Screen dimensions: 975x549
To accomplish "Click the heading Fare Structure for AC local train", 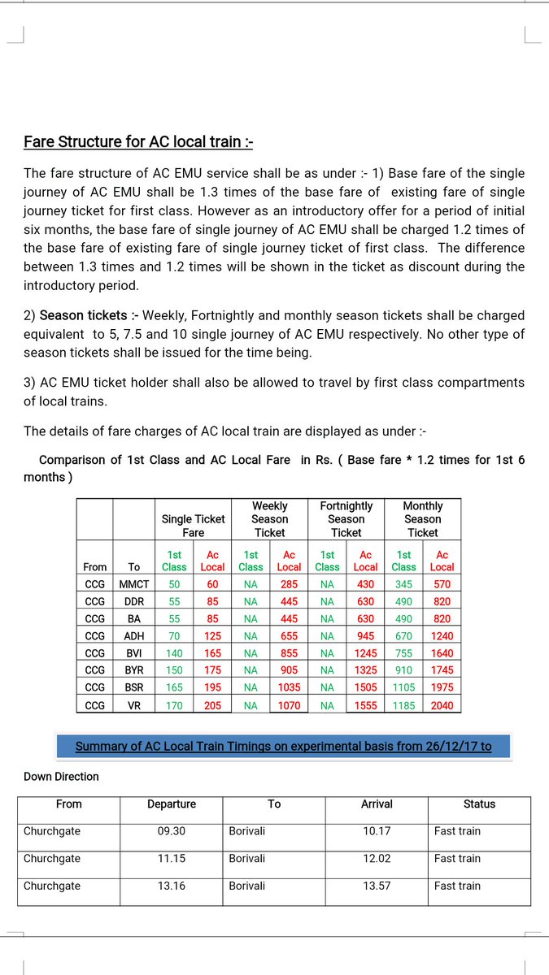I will pos(138,142).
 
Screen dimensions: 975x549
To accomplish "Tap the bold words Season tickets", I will pos(79,315).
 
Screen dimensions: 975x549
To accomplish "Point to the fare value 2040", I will pos(442,705).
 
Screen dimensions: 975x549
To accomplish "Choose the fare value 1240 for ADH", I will pos(442,636).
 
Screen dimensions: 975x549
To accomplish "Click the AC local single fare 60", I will pos(212,584).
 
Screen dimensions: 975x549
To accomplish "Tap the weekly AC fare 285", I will pos(289,584).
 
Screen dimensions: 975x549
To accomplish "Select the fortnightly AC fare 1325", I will pos(365,670).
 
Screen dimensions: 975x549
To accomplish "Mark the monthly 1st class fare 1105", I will pos(403,688).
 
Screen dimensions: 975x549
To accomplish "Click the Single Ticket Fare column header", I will pos(194,526).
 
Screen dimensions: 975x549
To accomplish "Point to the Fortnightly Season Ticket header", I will pos(346,519).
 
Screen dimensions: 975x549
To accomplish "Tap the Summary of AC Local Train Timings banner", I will pos(283,746).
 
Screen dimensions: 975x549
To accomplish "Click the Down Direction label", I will pos(61,777).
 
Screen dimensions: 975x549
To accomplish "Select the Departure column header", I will pos(172,804).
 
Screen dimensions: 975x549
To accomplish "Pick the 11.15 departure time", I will pos(172,858).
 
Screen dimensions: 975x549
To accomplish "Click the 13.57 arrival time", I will pos(377,886).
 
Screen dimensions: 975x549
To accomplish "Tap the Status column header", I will pos(479,804).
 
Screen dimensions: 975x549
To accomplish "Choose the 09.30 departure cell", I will pos(172,831).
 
